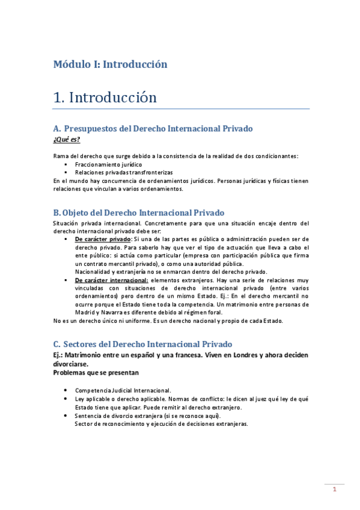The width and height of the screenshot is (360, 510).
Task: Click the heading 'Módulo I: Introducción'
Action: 110,64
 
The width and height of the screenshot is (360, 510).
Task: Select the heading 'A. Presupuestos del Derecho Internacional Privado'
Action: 153,129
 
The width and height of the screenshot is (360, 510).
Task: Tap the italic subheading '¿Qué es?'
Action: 67,140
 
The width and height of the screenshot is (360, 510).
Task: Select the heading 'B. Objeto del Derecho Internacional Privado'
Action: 138,212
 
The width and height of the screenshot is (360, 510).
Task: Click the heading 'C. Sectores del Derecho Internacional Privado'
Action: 142,344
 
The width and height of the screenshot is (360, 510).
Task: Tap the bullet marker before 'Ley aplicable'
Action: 65,399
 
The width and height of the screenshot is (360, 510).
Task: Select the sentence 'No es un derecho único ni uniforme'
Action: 106,321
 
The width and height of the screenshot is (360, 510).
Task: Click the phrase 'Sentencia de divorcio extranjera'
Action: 126,416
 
